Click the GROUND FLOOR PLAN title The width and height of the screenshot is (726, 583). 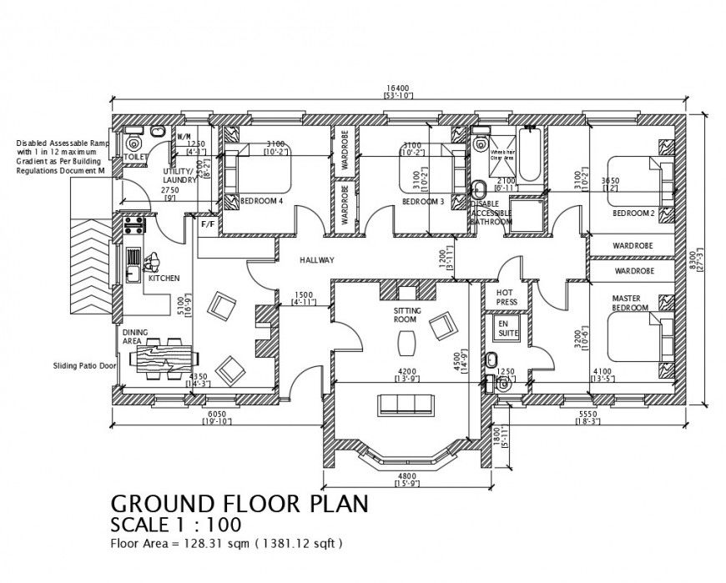tap(238, 505)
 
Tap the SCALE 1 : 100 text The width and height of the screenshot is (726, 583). tap(176, 525)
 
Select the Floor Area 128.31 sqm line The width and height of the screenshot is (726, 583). tap(225, 543)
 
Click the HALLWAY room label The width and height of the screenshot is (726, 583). tap(317, 261)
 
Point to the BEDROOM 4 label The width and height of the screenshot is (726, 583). tap(261, 202)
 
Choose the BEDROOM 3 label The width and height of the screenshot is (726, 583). tap(422, 202)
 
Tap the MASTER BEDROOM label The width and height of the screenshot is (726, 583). tap(630, 304)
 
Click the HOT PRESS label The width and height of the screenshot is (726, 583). tap(505, 298)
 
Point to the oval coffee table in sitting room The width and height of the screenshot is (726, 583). tap(407, 342)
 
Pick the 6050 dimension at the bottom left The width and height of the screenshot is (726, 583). tap(216, 414)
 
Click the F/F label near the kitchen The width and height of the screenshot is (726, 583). tap(206, 224)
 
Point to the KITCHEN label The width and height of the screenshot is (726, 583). tap(164, 278)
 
